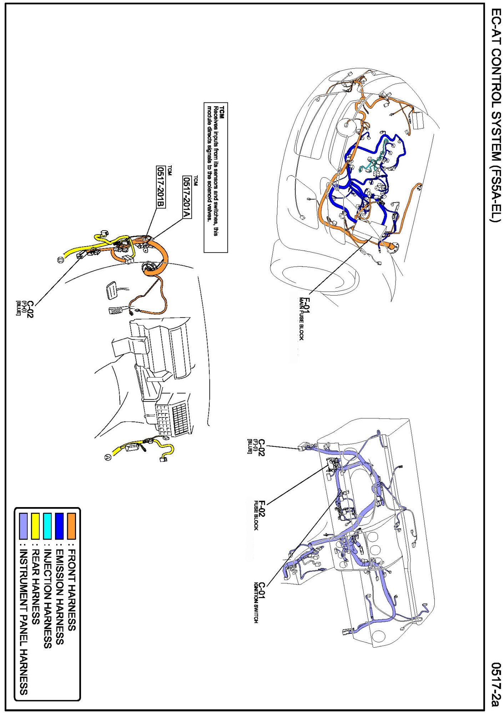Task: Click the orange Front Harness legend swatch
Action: [71, 526]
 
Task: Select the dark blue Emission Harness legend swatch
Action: [60, 526]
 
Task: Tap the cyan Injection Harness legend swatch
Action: [47, 526]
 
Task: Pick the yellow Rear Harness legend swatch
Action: [35, 526]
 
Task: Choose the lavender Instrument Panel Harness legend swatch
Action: [23, 526]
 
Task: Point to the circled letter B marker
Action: [60, 260]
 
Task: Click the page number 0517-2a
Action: [495, 684]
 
